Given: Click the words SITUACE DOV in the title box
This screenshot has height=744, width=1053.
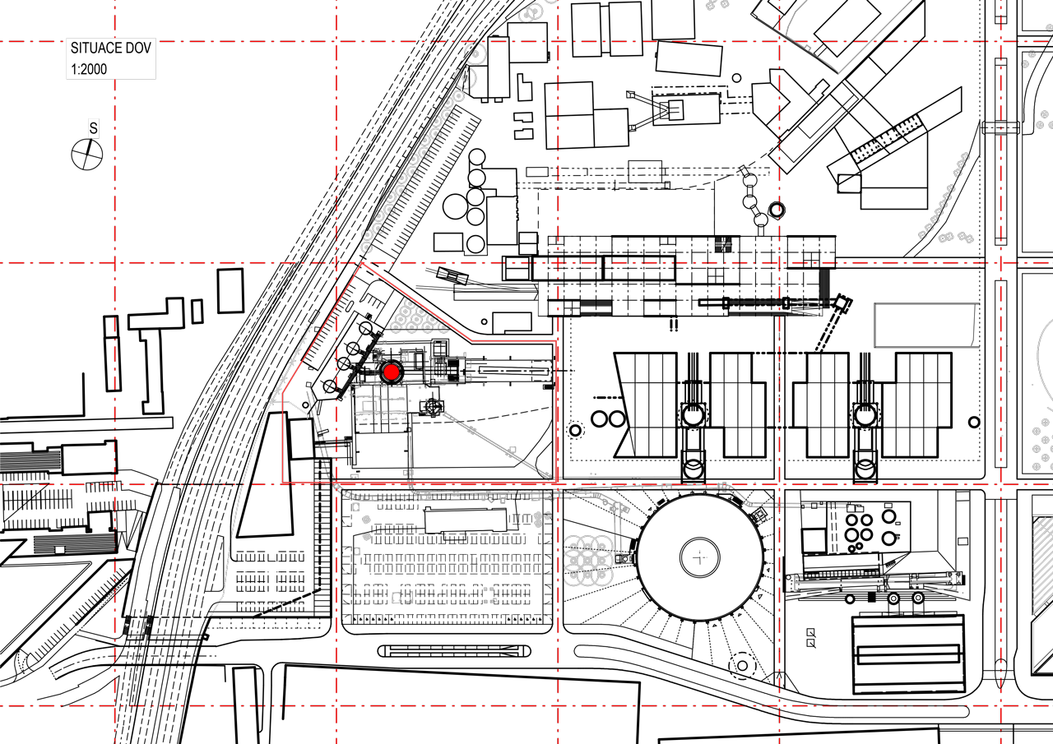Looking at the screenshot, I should point(110,49).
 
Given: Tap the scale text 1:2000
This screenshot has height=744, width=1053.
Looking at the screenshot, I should point(89,69).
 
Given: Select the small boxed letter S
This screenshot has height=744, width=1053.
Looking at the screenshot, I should point(94,128).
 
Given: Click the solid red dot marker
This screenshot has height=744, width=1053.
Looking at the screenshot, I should point(392,372).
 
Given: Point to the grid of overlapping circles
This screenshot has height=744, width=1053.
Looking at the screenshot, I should point(587,561).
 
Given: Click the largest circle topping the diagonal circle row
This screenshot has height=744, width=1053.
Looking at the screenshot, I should point(475,54).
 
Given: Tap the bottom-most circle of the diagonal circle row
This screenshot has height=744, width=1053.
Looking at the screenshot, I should point(367,247).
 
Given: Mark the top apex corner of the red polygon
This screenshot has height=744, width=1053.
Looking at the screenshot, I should point(361,264).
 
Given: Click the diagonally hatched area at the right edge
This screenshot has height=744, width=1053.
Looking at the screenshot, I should point(1043,567).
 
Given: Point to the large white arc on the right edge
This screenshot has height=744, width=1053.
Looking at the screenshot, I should point(1042,362).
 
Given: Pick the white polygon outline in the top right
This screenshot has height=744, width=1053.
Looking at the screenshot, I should point(847,33).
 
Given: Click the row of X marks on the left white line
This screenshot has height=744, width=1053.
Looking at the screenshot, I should point(292,363).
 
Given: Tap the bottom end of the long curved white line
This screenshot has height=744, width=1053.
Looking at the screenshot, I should point(213,613).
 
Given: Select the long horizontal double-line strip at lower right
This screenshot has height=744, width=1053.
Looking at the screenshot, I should point(872,581).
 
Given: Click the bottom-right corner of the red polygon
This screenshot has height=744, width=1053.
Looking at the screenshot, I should point(557,482).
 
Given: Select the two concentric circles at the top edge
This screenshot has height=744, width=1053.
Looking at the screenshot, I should point(531,13).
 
